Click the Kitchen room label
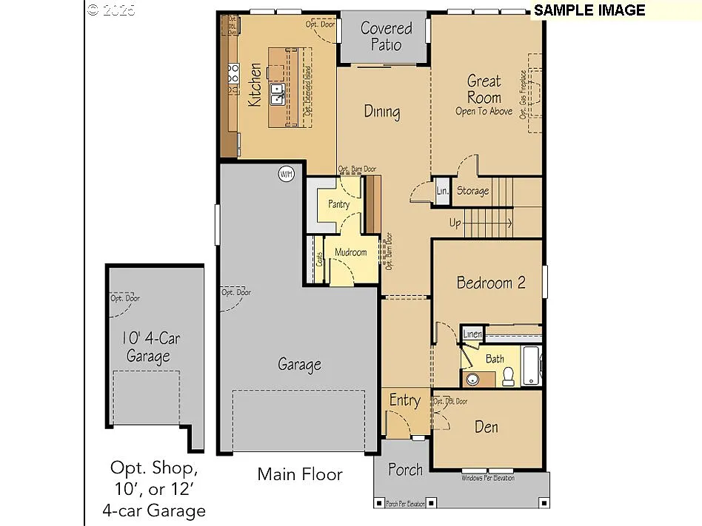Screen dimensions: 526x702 [254, 84]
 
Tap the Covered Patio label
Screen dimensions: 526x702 [386, 36]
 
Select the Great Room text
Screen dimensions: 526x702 [484, 90]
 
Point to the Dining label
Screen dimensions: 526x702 [382, 112]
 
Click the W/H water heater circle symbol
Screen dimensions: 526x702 [286, 175]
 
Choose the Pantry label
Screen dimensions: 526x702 [338, 205]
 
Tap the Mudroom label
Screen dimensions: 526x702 [350, 252]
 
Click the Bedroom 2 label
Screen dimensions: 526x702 [491, 283]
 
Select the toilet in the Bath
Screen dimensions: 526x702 [509, 377]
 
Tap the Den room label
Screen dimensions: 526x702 [487, 427]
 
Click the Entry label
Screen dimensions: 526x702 [404, 400]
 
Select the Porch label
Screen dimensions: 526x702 [405, 469]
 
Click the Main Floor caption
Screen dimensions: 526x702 [300, 474]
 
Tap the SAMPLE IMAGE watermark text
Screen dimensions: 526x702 [589, 10]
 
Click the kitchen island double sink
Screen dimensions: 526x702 [278, 95]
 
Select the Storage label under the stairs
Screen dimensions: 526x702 [472, 191]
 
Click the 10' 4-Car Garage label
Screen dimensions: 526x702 [151, 347]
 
